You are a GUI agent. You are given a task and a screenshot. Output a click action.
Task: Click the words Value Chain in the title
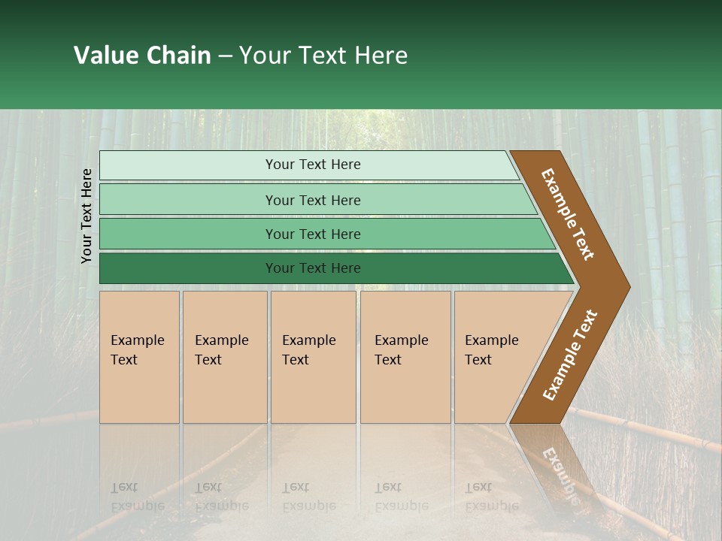142,56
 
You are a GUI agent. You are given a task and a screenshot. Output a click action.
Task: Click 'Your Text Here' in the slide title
323,56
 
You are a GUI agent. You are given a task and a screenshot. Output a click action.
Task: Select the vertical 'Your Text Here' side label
86,216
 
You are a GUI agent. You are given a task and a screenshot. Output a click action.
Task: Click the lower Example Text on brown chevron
570,355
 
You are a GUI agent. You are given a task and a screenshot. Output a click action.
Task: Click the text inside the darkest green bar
313,268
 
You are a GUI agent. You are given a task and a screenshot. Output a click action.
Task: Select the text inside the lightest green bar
313,165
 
